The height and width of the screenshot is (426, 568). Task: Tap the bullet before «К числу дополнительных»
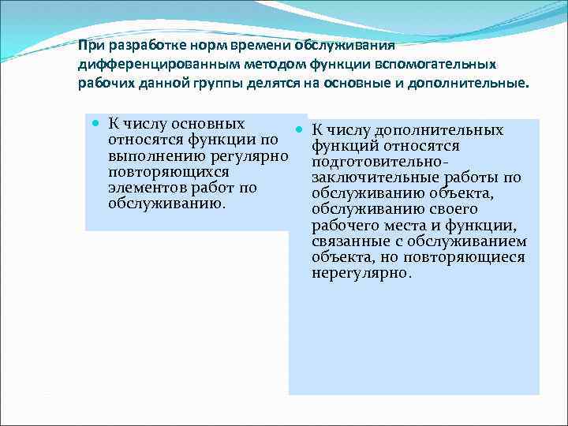[x=300, y=129]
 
